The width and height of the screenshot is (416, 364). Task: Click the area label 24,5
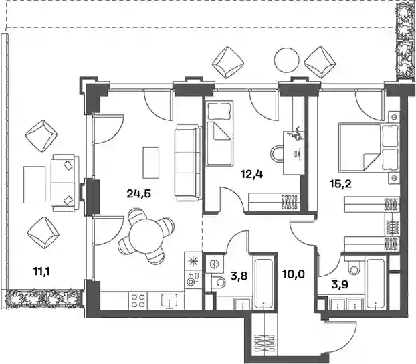coord(138,194)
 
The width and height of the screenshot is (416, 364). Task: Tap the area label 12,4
coord(253,175)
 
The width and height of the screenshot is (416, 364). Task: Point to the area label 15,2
coord(340,183)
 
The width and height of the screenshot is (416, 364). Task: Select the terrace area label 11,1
coord(42,272)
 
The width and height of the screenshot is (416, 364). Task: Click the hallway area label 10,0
coord(293,274)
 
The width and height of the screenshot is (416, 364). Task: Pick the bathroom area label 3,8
coord(239,276)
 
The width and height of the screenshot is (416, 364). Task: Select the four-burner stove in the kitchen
coord(138,300)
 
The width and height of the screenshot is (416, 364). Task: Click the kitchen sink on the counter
coord(170,300)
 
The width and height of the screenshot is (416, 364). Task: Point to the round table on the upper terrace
coord(287,59)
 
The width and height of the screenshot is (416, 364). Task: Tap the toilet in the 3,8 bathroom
coord(218,282)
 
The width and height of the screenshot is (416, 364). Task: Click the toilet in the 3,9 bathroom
coord(353,266)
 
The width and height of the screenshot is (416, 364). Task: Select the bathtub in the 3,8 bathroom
coord(264,282)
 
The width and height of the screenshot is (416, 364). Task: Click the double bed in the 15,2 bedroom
coord(369,148)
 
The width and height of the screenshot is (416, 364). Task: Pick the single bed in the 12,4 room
coord(219,133)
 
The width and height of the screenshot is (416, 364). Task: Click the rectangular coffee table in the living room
coord(151,163)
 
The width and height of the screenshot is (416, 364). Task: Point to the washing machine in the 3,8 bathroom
coord(213,264)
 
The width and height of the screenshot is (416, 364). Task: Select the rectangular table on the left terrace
coord(34,185)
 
